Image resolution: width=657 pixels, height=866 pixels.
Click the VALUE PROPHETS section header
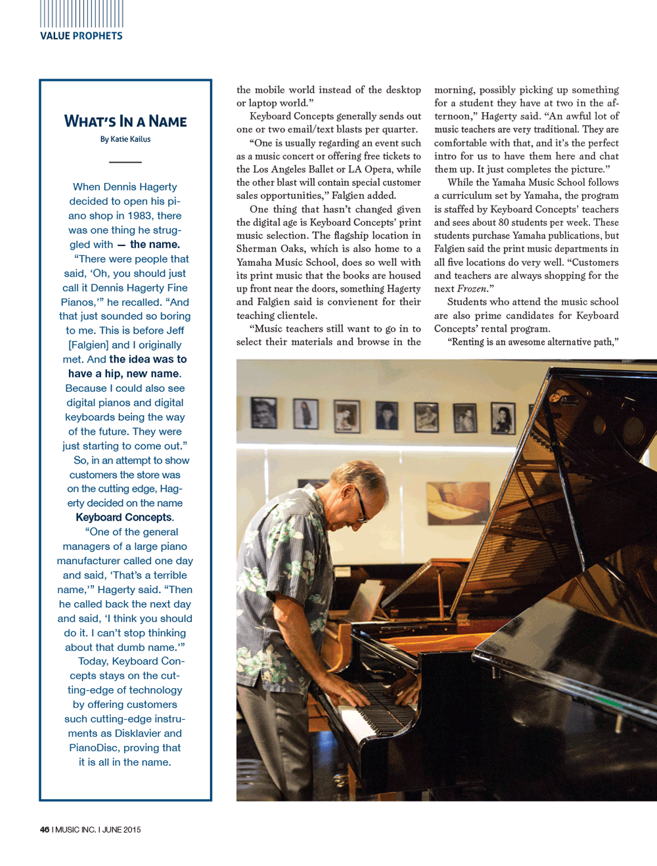(x=81, y=36)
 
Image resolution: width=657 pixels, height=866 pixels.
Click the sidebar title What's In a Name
(x=125, y=121)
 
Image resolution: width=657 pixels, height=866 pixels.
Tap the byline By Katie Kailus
(x=125, y=139)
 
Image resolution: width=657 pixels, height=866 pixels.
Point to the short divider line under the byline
(x=125, y=162)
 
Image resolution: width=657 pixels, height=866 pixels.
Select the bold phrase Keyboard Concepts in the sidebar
(x=124, y=517)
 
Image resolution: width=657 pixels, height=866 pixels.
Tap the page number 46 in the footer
(x=45, y=829)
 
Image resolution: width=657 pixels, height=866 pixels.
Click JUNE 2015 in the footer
(x=122, y=829)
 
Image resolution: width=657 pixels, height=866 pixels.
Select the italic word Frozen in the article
(x=472, y=289)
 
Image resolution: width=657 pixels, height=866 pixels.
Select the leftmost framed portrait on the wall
(x=263, y=412)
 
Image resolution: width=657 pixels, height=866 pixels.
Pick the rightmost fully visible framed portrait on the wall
(x=503, y=418)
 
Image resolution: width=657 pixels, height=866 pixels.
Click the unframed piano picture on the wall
(x=457, y=502)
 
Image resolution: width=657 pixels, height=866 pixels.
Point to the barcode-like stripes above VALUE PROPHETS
(x=81, y=13)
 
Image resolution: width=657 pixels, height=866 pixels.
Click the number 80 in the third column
(x=504, y=223)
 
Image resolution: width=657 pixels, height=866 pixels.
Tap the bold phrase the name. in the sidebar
(x=154, y=244)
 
